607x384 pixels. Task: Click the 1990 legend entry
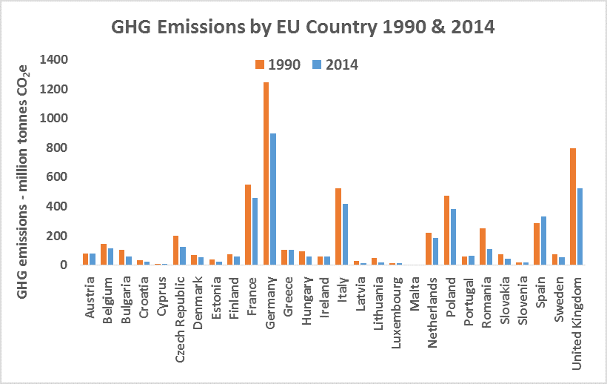click(x=278, y=64)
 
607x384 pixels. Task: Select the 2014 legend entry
click(x=335, y=64)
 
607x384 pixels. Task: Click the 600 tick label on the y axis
click(x=58, y=177)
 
